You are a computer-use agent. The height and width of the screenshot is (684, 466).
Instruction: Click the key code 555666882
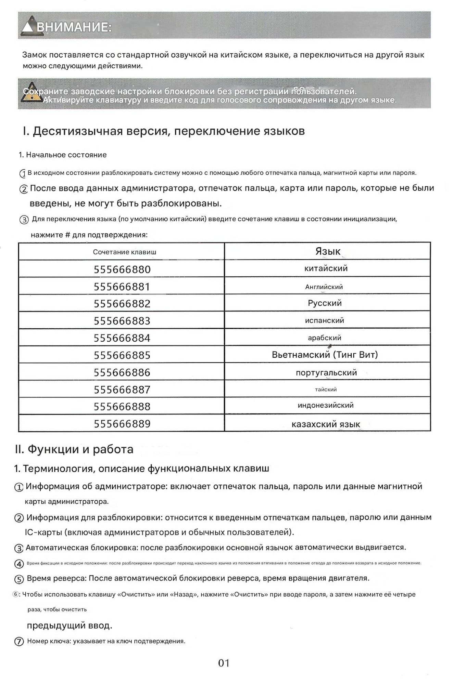tap(122, 304)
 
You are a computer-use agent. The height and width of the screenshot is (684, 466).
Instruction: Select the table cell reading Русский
tap(325, 303)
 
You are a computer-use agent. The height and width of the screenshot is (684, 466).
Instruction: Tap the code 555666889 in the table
tap(122, 424)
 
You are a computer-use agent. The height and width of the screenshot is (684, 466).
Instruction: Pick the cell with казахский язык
tap(326, 424)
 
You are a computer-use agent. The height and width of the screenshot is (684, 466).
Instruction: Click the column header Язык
tap(328, 252)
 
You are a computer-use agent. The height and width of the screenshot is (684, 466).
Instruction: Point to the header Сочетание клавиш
tap(125, 252)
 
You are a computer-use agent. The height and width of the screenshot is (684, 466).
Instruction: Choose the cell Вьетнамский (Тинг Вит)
tap(325, 355)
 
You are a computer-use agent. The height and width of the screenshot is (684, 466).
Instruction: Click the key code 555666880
tap(122, 269)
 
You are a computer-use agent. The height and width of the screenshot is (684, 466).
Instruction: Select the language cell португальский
tap(326, 372)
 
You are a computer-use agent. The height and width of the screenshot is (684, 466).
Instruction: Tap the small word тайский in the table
tap(326, 390)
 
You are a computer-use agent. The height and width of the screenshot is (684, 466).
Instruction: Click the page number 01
tap(224, 663)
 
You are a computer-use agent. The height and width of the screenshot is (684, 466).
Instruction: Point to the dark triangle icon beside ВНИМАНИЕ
tap(28, 27)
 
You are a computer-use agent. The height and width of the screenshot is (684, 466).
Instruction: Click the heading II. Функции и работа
tap(74, 449)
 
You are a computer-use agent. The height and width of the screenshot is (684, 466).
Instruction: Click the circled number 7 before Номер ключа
tap(19, 642)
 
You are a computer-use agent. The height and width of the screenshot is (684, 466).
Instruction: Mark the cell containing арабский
tap(324, 338)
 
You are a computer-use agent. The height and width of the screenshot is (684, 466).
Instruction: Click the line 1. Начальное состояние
tap(63, 155)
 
